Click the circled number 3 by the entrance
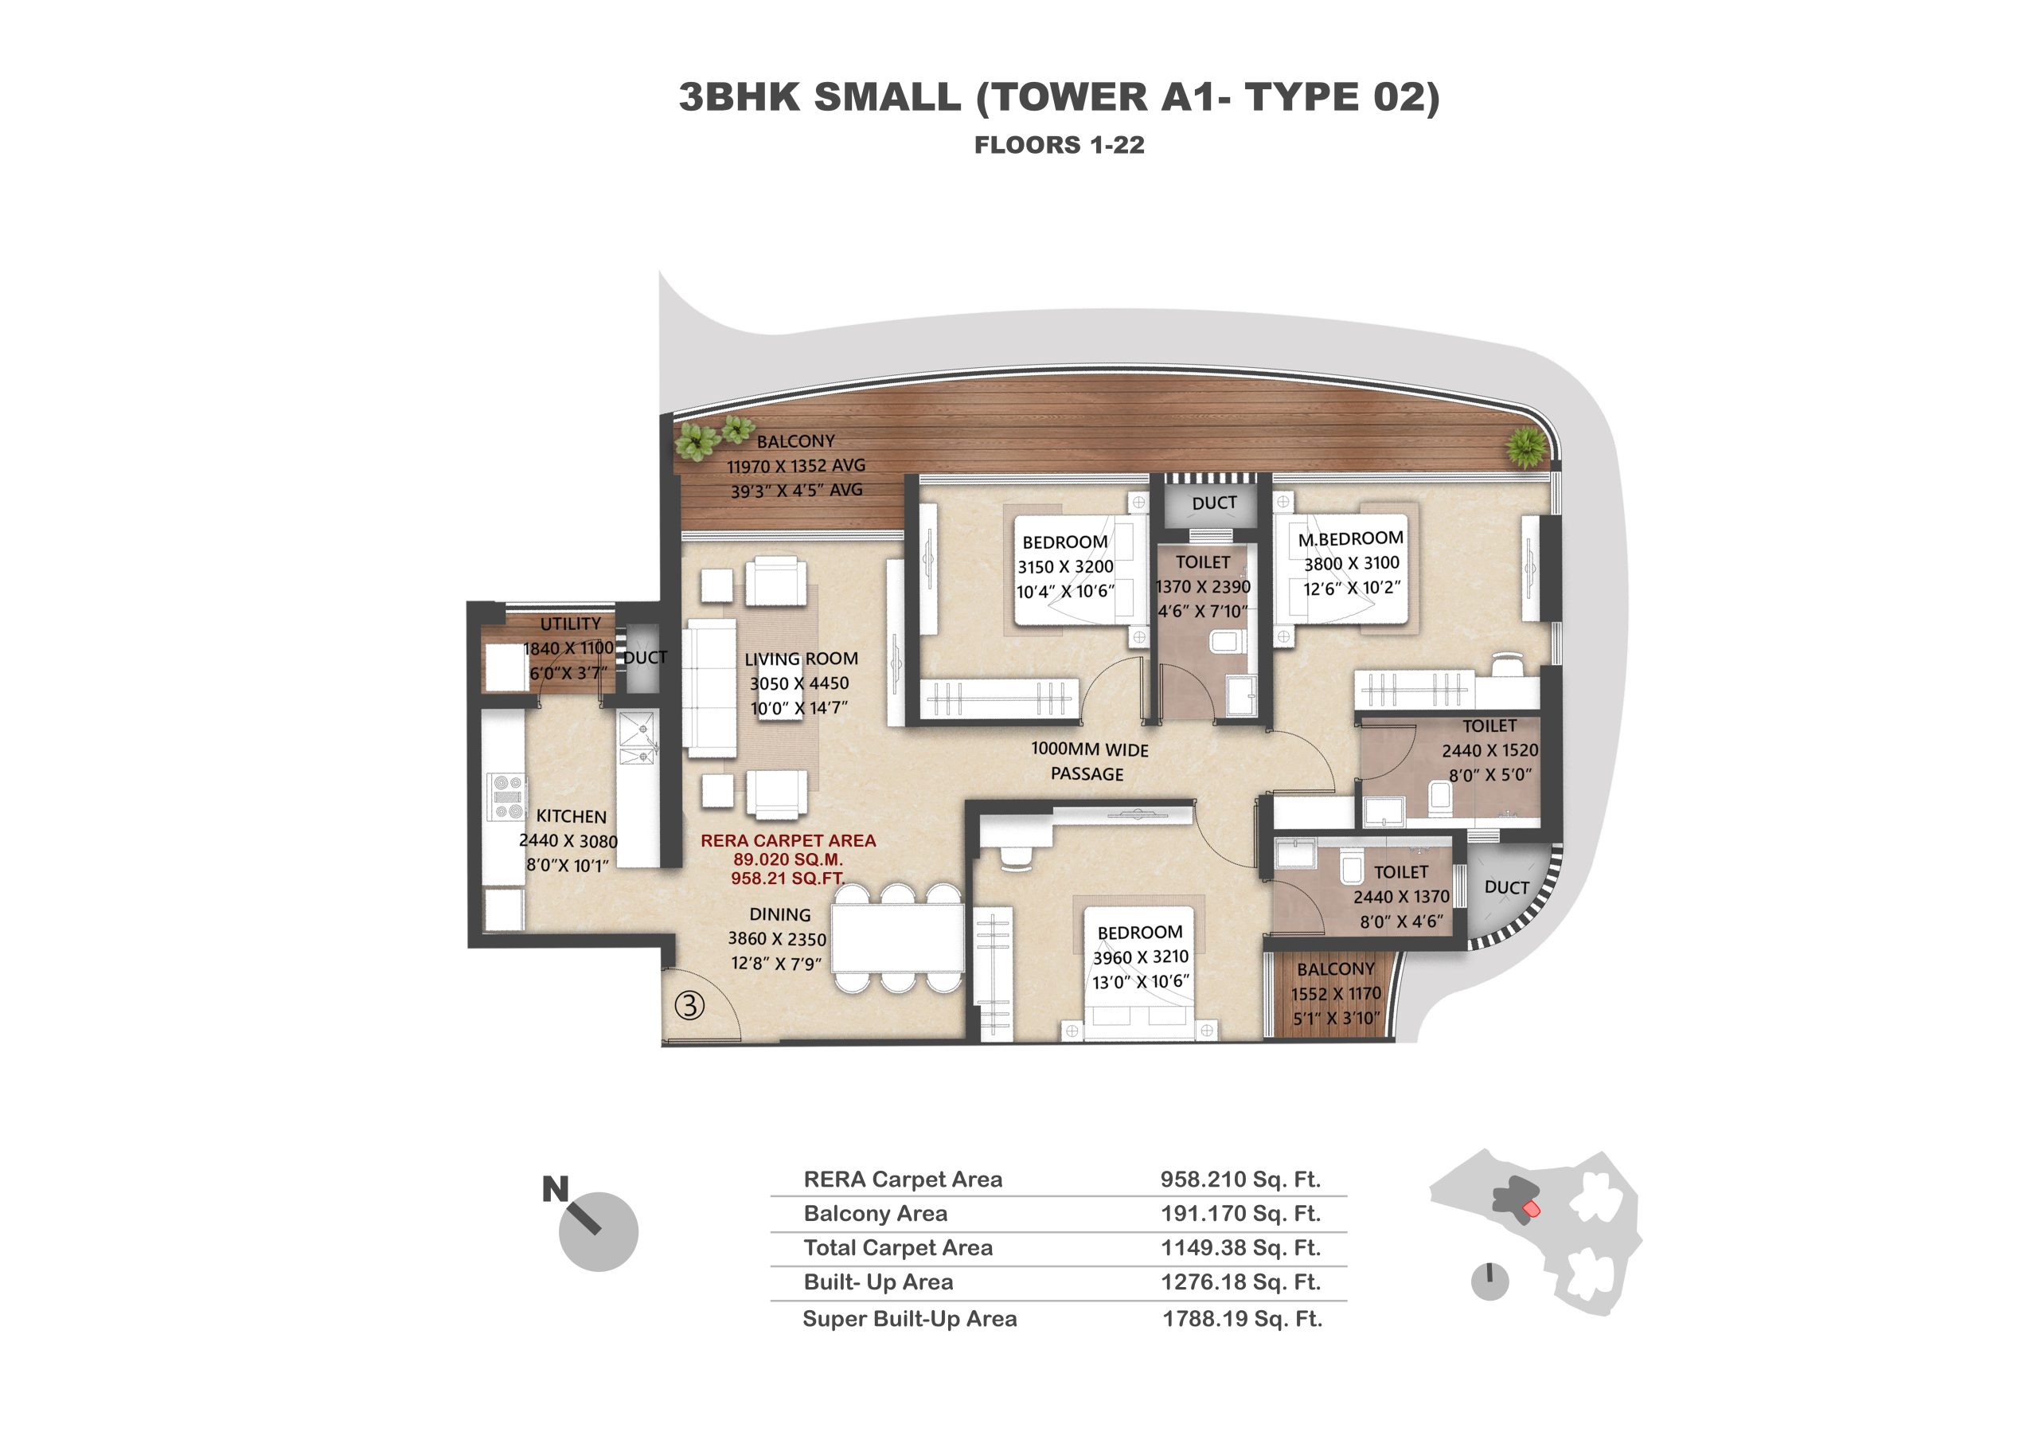(689, 1005)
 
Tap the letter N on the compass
(556, 1189)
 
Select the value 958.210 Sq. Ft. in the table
(1240, 1179)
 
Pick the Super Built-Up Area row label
(910, 1318)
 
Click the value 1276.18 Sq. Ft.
(1241, 1282)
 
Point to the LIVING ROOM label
(801, 659)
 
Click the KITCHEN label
(572, 816)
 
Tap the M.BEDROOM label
(1351, 538)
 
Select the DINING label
(779, 914)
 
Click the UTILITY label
(570, 624)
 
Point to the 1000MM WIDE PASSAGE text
(1089, 761)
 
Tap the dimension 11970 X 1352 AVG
(796, 466)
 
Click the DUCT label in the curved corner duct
(1506, 888)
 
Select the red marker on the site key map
(1531, 1209)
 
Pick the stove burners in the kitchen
(507, 796)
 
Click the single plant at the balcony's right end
(1526, 448)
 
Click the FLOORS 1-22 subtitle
(1059, 145)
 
